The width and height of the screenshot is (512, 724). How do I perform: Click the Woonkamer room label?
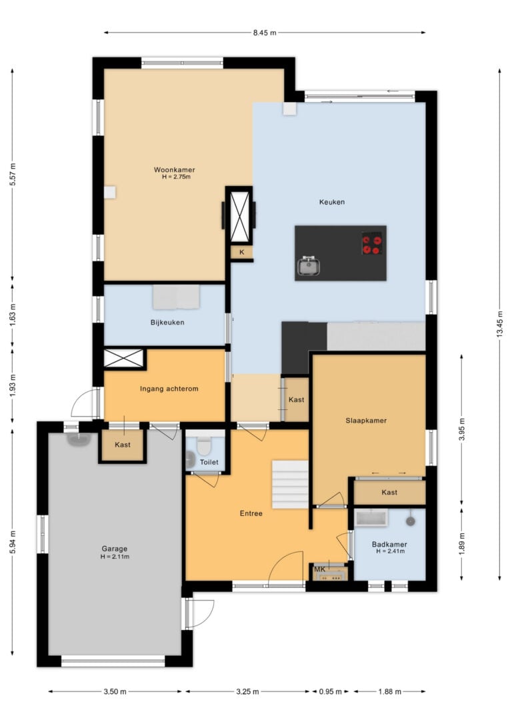(175, 170)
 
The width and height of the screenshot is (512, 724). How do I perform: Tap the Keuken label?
(332, 202)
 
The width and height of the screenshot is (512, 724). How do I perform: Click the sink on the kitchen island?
(309, 266)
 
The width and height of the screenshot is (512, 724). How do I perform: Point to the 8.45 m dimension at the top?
(265, 33)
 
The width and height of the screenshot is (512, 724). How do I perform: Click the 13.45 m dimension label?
(499, 325)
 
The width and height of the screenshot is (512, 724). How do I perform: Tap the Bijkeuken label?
(167, 322)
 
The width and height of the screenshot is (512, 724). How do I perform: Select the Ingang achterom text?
(169, 389)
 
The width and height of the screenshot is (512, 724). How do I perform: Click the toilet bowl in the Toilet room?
(203, 446)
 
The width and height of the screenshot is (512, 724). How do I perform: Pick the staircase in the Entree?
(290, 485)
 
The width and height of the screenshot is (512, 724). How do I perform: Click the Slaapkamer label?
(366, 421)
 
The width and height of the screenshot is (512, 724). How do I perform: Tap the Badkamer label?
(389, 545)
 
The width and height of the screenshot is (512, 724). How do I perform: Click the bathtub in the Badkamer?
(371, 517)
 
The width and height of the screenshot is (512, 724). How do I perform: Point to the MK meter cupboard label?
(319, 569)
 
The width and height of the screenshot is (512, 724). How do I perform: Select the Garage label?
(115, 549)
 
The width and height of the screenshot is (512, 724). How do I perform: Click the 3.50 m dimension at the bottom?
(115, 691)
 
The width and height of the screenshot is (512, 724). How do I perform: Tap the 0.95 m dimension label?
(331, 691)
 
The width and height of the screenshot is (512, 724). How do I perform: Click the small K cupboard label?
(241, 252)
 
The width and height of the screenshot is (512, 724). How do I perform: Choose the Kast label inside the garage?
(123, 445)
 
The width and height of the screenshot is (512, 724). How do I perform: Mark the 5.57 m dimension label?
(13, 175)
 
